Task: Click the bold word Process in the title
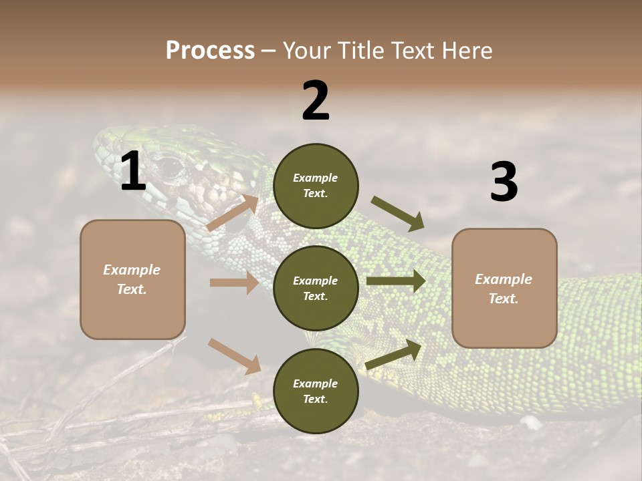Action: (210, 51)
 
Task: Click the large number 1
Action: (134, 172)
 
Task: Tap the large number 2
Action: (316, 101)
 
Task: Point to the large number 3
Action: (504, 182)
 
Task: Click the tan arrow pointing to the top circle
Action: (232, 213)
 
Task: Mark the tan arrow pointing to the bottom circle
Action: (234, 356)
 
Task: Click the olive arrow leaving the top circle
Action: (398, 213)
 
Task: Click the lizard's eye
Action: (169, 164)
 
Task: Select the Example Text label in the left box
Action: (132, 279)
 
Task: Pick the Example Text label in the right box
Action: (504, 289)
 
